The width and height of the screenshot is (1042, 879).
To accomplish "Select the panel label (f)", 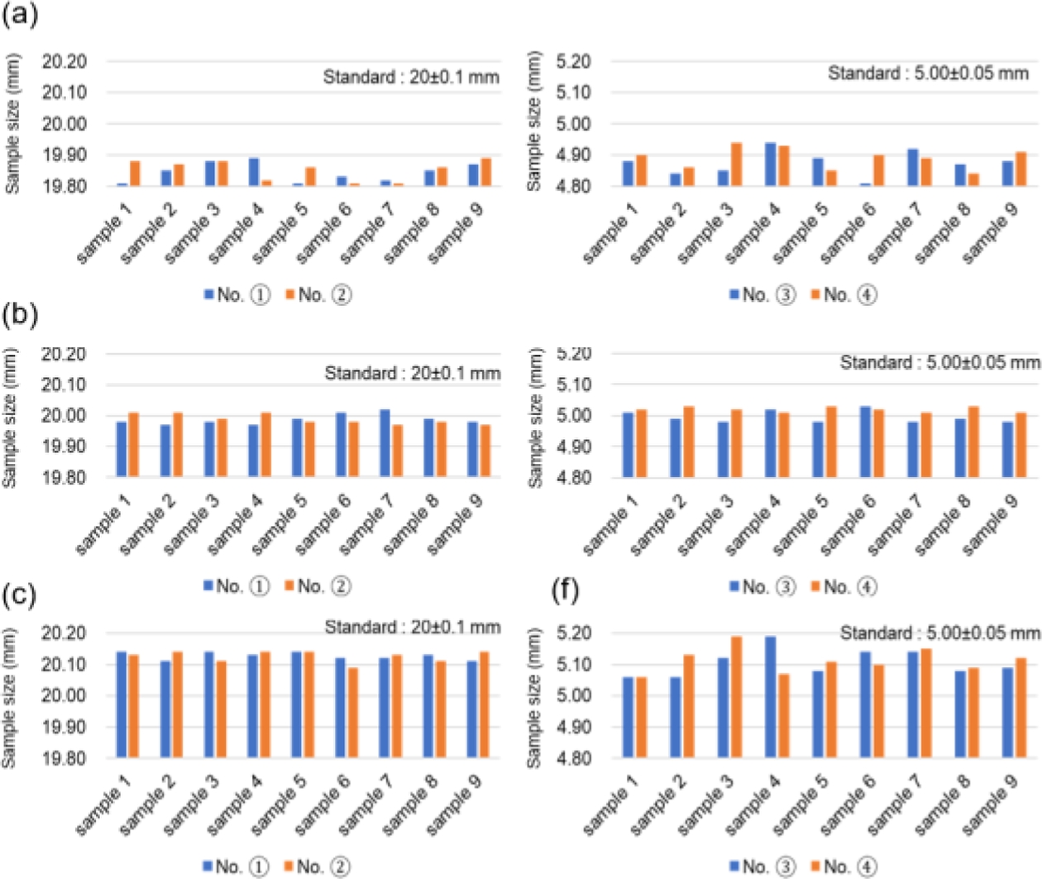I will coord(566,590).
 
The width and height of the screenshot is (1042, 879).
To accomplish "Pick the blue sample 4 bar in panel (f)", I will coord(771,697).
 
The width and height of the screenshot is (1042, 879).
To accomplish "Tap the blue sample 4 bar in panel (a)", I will coord(254,172).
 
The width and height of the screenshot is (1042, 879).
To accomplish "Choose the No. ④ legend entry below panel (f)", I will coord(843,866).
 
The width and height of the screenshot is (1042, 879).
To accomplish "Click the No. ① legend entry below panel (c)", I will coord(236,866).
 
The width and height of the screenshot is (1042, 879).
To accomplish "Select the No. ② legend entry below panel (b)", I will coord(318,586).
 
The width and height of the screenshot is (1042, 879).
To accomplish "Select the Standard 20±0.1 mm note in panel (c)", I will coord(412,628).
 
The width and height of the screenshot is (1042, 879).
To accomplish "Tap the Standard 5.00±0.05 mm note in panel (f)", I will coord(939,633).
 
